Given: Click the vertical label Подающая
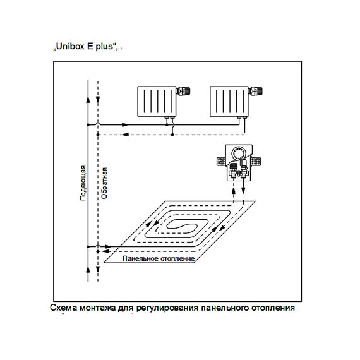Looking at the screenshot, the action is coord(83,183).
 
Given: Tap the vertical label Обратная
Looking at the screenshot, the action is coord(104,183).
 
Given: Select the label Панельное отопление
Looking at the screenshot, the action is coord(159,258).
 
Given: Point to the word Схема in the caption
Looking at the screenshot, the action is coord(64,308).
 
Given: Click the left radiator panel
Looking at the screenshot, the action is coord(157,102).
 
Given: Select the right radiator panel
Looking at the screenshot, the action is coord(229,102).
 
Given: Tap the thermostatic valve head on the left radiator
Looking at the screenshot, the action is coord(184,91).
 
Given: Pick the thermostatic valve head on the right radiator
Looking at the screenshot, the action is coord(256,91).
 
